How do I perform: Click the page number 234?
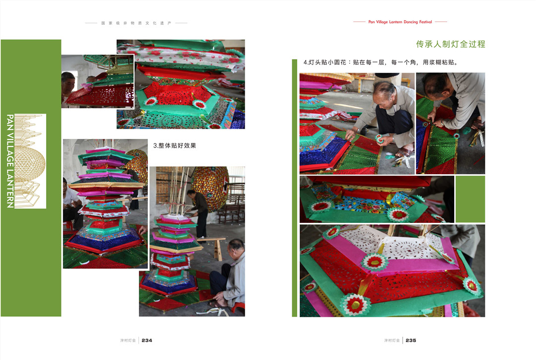[x=146, y=341]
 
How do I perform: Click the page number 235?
[x=411, y=341]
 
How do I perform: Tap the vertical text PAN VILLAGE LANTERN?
[x=10, y=161]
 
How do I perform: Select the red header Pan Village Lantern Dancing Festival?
[x=400, y=22]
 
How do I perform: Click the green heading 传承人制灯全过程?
[x=451, y=44]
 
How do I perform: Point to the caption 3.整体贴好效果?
[x=174, y=145]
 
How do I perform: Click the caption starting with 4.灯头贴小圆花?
[x=381, y=62]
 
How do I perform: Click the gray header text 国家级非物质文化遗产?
[x=136, y=23]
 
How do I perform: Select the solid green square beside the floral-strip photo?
[x=470, y=199]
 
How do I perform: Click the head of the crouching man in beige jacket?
[x=385, y=93]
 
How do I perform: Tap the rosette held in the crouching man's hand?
[x=379, y=138]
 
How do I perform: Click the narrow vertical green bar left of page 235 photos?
[x=295, y=188]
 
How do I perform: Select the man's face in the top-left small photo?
[x=67, y=84]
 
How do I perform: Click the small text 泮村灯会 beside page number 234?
[x=128, y=341]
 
